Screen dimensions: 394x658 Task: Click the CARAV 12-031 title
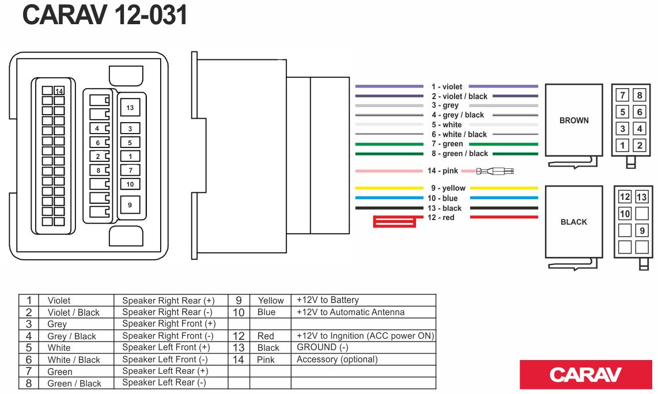pos(105,16)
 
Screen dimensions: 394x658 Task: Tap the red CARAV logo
pos(585,374)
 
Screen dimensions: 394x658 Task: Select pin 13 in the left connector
pos(130,108)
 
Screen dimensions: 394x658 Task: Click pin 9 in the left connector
pos(130,204)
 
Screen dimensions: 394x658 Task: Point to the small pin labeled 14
pos(59,91)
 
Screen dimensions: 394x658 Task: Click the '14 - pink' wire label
pos(443,171)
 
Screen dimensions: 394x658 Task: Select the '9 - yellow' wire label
pos(448,188)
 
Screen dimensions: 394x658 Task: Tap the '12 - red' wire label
pos(441,218)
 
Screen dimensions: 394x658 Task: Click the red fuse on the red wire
pos(395,222)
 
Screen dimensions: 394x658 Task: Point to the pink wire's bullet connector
pos(494,171)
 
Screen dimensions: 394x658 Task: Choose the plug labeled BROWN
pos(574,121)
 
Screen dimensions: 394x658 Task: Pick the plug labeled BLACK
pos(574,222)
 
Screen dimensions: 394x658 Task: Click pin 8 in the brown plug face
pos(639,96)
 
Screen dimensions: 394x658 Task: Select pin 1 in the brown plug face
pos(622,146)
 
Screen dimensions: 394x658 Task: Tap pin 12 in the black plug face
pos(625,197)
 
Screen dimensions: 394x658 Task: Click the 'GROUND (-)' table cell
pos(323,347)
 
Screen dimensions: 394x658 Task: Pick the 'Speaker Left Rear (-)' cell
pos(164,382)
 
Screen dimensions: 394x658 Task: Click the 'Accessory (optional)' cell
pos(337,359)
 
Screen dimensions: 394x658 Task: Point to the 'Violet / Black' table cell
pos(73,312)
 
